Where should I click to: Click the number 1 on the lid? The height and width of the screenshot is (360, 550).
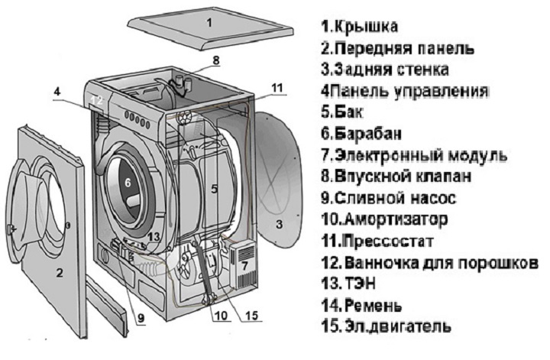pyautogui.click(x=209, y=23)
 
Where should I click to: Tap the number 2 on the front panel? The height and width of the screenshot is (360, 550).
pyautogui.click(x=60, y=272)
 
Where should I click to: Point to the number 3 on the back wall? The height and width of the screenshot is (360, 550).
pyautogui.click(x=280, y=224)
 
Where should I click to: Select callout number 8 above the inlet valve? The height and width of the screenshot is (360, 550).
pyautogui.click(x=215, y=60)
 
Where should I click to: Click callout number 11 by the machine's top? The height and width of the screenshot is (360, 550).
pyautogui.click(x=277, y=88)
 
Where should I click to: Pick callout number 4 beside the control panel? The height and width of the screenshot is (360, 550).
pyautogui.click(x=57, y=92)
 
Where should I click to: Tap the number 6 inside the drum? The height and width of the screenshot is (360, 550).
pyautogui.click(x=128, y=183)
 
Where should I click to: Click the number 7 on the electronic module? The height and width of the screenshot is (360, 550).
pyautogui.click(x=244, y=265)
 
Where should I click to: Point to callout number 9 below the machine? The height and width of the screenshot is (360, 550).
pyautogui.click(x=141, y=318)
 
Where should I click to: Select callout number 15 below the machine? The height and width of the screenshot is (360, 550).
pyautogui.click(x=252, y=316)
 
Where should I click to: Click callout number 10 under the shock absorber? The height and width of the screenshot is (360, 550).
pyautogui.click(x=222, y=316)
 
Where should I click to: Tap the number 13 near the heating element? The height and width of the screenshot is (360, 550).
pyautogui.click(x=154, y=237)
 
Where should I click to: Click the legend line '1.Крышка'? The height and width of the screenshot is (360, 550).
pyautogui.click(x=360, y=27)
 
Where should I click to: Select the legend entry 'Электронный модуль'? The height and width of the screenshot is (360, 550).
pyautogui.click(x=421, y=155)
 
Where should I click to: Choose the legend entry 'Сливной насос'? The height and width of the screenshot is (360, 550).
pyautogui.click(x=395, y=198)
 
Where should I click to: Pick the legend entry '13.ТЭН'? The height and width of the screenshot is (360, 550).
pyautogui.click(x=348, y=284)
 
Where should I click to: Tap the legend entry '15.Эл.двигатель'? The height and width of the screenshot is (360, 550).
pyautogui.click(x=386, y=326)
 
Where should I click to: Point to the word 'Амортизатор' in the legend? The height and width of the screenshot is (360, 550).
pyautogui.click(x=396, y=219)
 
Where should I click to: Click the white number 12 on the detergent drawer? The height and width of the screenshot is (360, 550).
pyautogui.click(x=97, y=100)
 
